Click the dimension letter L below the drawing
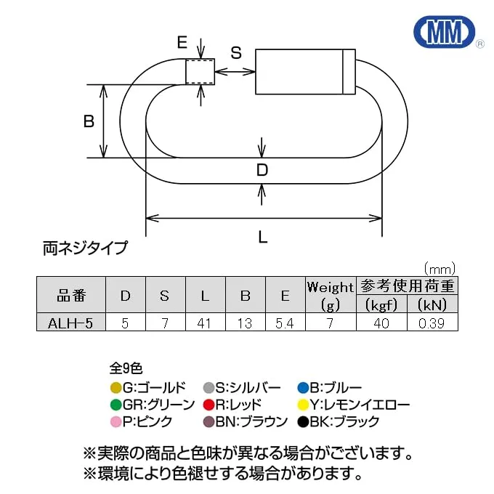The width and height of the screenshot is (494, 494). pyautogui.click(x=263, y=236)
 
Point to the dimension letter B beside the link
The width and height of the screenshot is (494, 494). pyautogui.click(x=89, y=121)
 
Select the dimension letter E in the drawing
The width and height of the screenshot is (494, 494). pyautogui.click(x=182, y=43)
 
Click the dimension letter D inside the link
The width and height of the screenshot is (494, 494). pyautogui.click(x=262, y=171)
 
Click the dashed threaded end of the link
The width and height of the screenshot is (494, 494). pyautogui.click(x=201, y=72)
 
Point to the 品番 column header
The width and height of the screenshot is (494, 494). pyautogui.click(x=70, y=295)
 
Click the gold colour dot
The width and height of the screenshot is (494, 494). pyautogui.click(x=116, y=387)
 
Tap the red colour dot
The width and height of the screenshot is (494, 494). pyautogui.click(x=209, y=405)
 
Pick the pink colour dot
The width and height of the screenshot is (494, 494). pyautogui.click(x=116, y=422)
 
